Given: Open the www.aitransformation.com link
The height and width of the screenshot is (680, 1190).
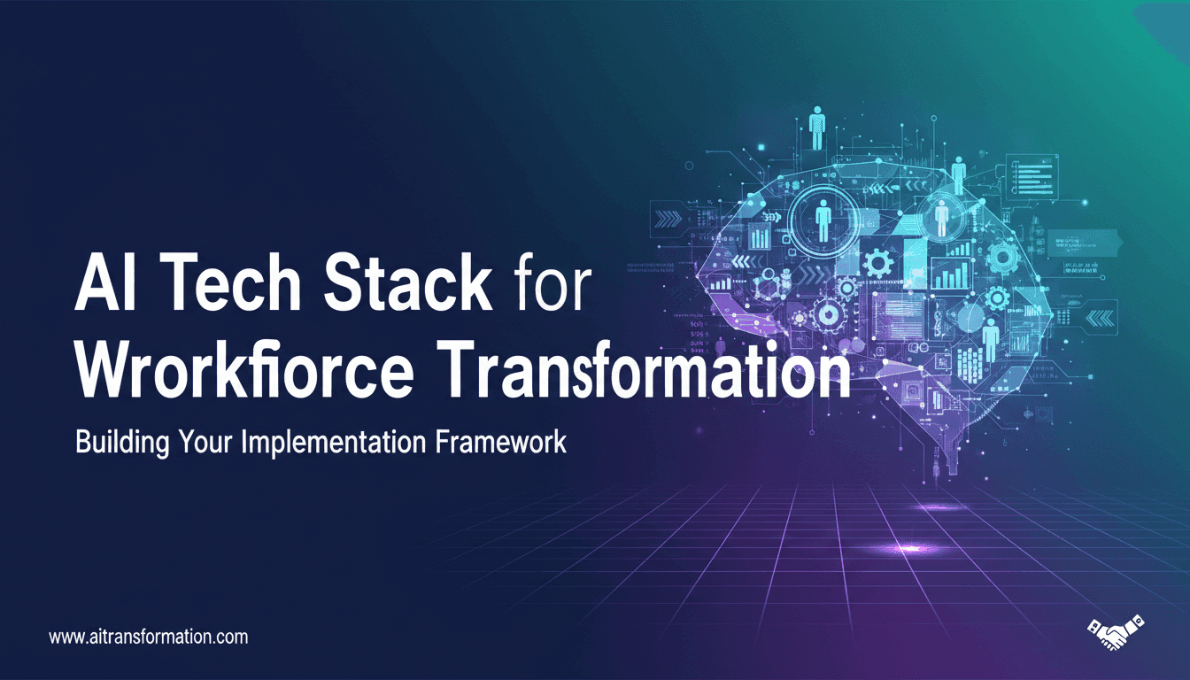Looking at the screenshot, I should (149, 637).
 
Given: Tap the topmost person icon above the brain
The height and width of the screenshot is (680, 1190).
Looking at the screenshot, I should (816, 127).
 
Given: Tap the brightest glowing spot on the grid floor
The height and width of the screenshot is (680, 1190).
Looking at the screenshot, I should (907, 549).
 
